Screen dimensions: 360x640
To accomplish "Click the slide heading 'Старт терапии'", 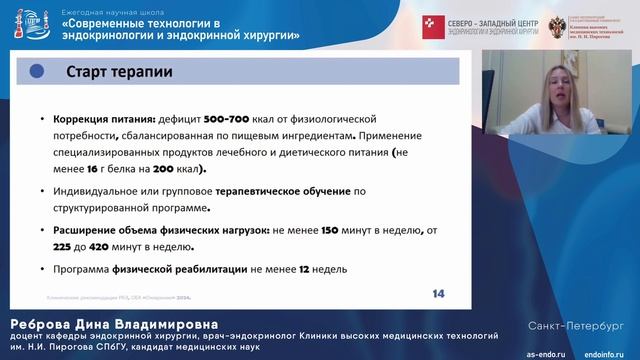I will point(118,72).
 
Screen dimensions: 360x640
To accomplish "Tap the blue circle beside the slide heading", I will point(38,71).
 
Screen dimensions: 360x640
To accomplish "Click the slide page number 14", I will point(438,293).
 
